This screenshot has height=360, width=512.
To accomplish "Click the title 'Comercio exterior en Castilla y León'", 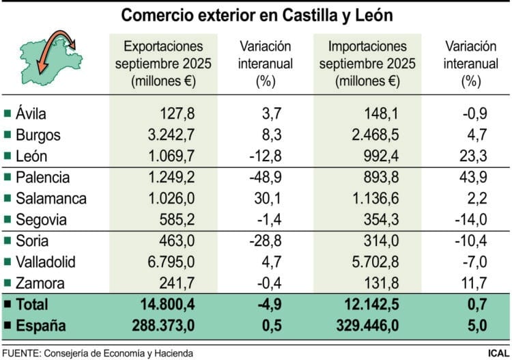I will [x=256, y=14].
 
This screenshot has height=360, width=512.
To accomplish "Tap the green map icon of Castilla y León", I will [x=48, y=58].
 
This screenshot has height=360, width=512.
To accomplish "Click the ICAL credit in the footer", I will [x=496, y=352].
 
